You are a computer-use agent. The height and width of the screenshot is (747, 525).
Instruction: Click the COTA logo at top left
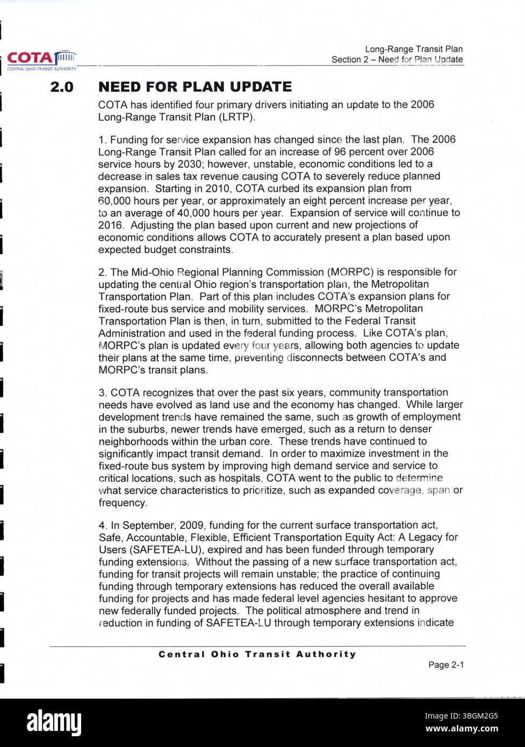pos(41,59)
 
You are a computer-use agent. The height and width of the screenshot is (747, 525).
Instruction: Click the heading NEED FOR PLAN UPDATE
pos(195,87)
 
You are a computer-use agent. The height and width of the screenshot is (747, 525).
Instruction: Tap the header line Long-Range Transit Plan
pos(413,49)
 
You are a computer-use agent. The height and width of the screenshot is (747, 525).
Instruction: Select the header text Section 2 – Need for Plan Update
pos(397,60)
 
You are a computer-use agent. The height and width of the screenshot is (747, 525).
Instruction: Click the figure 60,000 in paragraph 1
pos(115,201)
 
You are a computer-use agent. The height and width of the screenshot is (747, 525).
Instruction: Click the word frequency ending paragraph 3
pos(123,503)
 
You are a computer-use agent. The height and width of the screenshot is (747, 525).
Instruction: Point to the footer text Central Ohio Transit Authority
pos(257,654)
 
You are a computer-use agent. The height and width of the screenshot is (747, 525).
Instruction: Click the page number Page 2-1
pos(445,665)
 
